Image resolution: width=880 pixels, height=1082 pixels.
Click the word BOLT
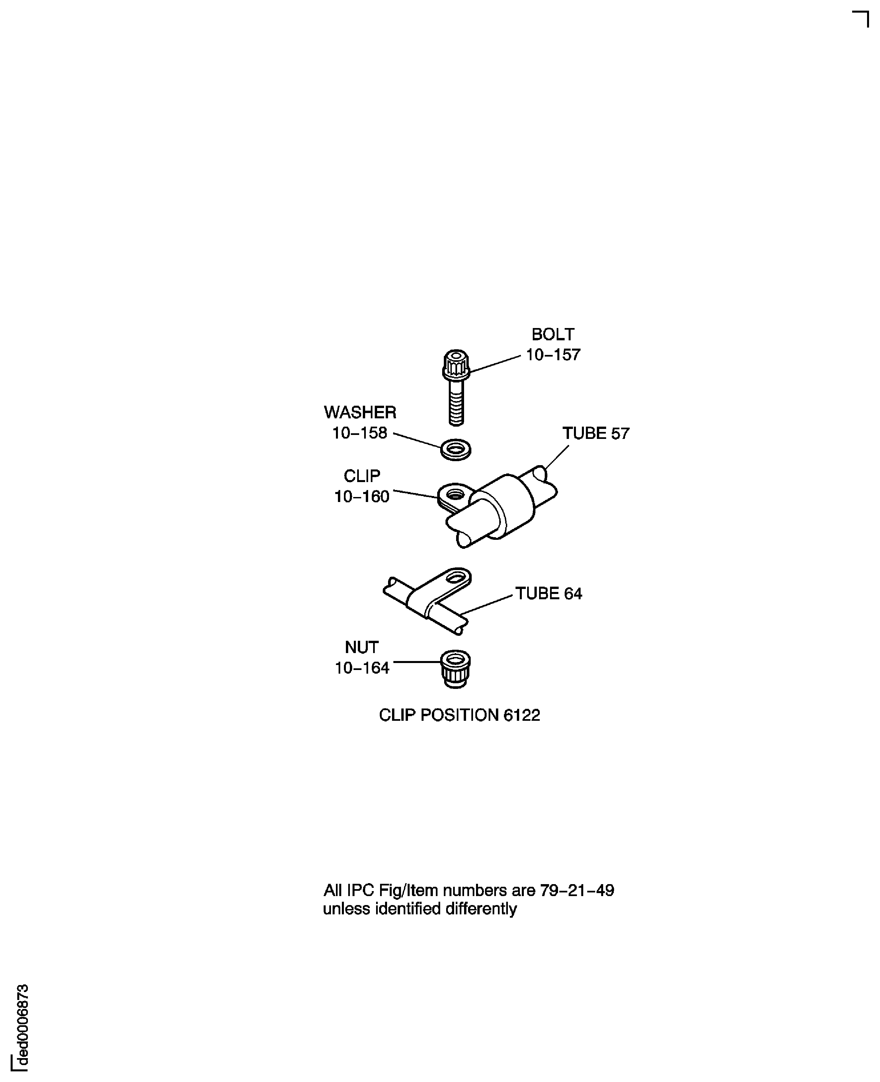[553, 335]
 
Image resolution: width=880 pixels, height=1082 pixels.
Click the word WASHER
[360, 413]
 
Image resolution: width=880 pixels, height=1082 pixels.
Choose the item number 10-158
[360, 433]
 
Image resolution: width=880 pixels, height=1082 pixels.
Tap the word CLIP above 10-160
[361, 476]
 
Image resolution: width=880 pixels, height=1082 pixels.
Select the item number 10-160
[361, 496]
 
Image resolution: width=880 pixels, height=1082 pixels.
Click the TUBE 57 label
[596, 434]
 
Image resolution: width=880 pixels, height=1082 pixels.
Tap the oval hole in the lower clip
[457, 577]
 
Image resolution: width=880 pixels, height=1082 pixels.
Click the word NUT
[361, 647]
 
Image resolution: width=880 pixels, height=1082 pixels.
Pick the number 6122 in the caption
[521, 715]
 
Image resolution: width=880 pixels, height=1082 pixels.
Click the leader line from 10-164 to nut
[417, 662]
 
